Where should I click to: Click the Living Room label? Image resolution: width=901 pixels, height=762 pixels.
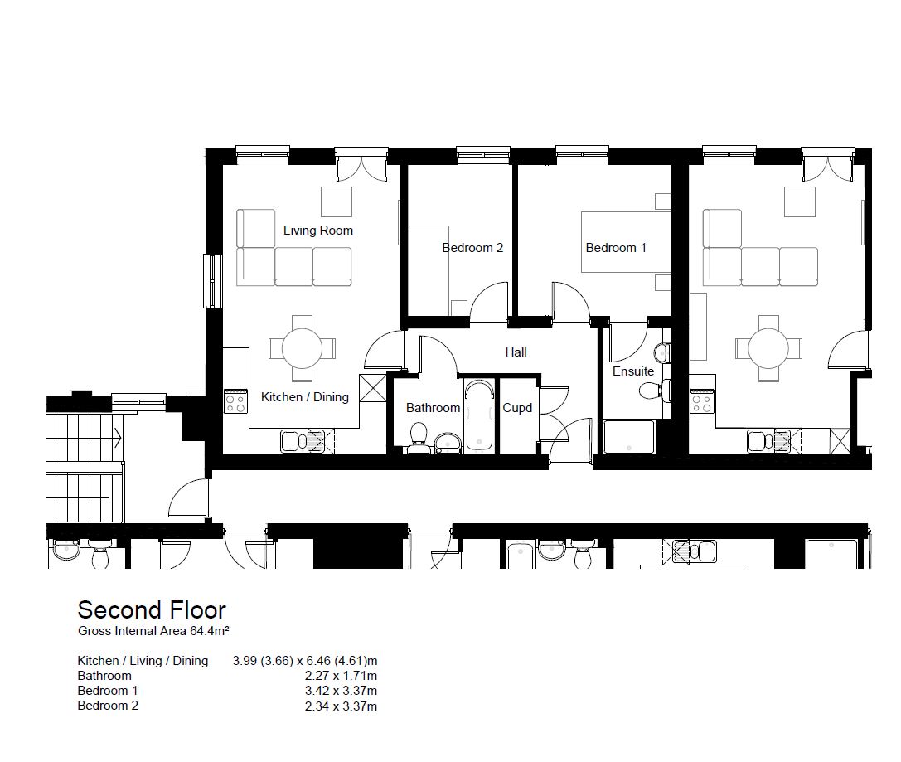[317, 231]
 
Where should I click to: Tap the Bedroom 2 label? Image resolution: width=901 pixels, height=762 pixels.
[472, 248]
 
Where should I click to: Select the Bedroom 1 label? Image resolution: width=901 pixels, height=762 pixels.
[616, 248]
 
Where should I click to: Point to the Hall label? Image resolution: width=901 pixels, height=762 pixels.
[516, 352]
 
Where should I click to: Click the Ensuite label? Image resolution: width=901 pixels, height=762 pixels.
[633, 371]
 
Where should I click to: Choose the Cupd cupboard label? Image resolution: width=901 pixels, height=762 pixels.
[517, 408]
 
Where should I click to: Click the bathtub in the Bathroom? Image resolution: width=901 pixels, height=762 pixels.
[479, 415]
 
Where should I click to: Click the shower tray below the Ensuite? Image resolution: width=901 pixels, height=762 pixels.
[629, 437]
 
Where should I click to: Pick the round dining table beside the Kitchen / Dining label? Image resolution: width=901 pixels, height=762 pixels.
[302, 348]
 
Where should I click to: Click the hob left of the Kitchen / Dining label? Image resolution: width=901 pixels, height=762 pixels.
[235, 401]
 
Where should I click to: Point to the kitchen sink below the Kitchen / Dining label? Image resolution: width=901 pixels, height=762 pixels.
[303, 441]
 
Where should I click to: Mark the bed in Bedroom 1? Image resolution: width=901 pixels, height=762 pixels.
[626, 241]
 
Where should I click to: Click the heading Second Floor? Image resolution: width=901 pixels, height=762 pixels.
[152, 609]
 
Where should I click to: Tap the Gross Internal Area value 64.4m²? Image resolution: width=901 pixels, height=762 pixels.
[210, 631]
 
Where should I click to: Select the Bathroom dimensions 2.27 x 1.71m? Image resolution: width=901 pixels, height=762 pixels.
[341, 676]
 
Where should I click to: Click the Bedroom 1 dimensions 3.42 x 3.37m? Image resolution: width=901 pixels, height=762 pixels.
[341, 691]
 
